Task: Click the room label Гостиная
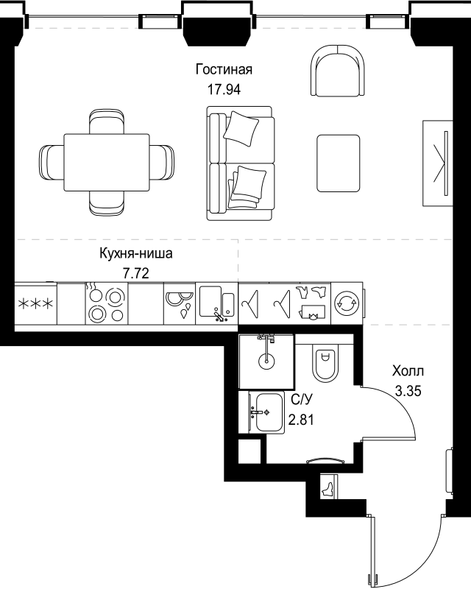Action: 224,69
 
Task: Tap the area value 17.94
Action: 224,89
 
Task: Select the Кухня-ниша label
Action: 136,253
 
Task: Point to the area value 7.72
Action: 136,273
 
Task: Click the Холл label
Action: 408,371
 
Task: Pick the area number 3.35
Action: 408,391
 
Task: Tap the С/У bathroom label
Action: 301,400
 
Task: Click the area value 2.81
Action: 301,419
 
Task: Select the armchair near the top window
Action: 338,70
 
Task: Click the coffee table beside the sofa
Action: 339,163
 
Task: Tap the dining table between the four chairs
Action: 107,162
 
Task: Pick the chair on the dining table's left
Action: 52,162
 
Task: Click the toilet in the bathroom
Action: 325,363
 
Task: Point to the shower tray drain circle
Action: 266,361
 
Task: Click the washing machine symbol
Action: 347,303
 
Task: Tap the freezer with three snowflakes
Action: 35,303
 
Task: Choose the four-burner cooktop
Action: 107,303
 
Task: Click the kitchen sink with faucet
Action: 216,303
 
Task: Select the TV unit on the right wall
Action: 438,163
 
